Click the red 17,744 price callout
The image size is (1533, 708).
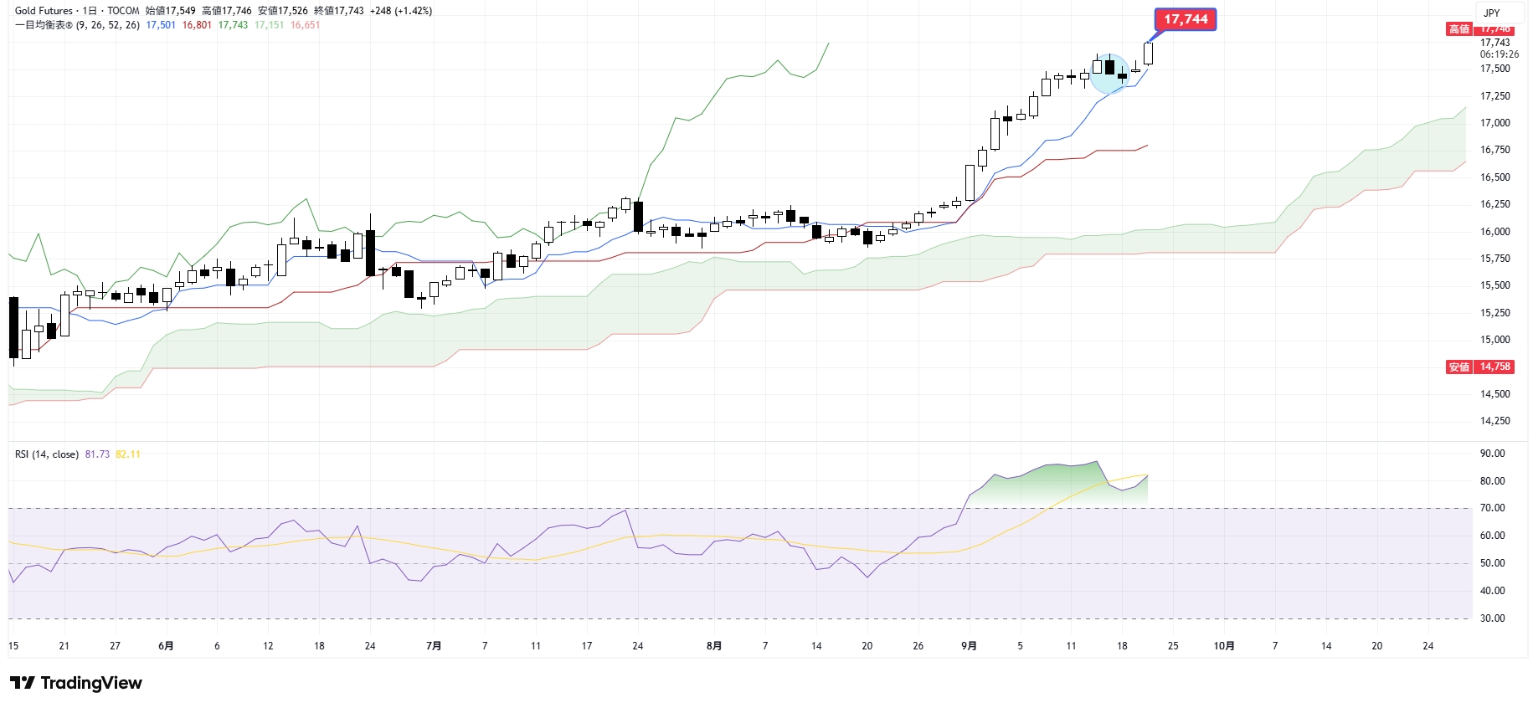point(1185,19)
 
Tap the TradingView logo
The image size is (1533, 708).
point(76,683)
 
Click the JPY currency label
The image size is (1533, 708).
point(1491,13)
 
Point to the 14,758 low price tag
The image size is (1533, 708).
point(1494,367)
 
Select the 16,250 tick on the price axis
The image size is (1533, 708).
point(1494,204)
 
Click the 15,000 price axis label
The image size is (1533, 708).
point(1494,340)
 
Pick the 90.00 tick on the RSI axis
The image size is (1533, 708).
point(1492,454)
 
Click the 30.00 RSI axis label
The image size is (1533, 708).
point(1492,618)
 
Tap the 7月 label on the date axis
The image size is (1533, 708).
point(434,646)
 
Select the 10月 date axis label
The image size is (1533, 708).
point(1224,646)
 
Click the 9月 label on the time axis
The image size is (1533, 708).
point(969,646)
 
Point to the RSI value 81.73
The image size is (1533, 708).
point(97,454)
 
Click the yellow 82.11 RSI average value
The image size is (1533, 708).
point(128,454)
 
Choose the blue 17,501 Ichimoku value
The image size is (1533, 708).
point(161,25)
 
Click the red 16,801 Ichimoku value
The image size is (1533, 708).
point(197,25)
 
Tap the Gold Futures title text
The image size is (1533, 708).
point(44,11)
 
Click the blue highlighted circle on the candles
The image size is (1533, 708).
point(1109,74)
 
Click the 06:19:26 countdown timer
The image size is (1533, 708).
point(1499,54)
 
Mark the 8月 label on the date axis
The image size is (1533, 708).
point(713,646)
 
